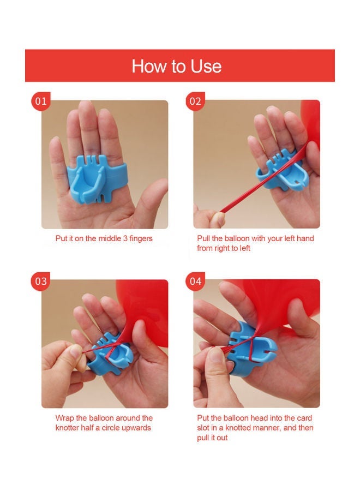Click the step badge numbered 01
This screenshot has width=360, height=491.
pos(41,101)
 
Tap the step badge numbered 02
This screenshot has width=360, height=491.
pos(195,101)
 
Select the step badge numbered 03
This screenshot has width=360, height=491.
pos(41,281)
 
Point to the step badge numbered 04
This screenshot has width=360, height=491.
pos(195,281)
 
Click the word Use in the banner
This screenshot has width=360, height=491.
pos(206,67)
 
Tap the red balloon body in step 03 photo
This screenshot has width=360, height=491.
pos(144,310)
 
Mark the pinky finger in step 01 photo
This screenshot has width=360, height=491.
pos(56,160)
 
